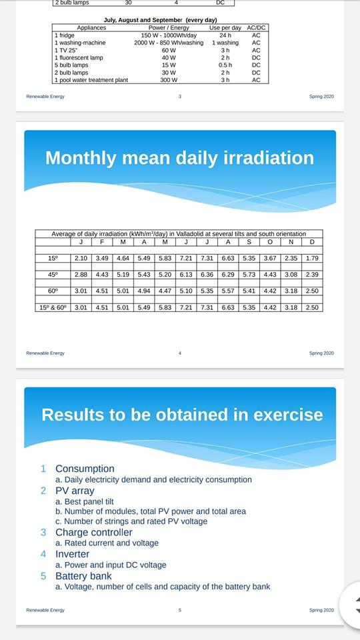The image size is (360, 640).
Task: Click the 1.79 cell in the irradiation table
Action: (x=312, y=258)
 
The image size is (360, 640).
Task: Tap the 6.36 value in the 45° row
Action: (x=207, y=275)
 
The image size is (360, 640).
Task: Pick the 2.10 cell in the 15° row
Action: (x=81, y=258)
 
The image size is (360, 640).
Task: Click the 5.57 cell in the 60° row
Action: (x=228, y=291)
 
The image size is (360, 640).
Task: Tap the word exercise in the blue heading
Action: (x=288, y=415)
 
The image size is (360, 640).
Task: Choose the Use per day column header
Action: (x=225, y=28)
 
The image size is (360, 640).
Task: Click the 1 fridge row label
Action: (x=65, y=35)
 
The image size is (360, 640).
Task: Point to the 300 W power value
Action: (x=169, y=80)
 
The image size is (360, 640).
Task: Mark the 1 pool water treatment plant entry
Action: (x=91, y=80)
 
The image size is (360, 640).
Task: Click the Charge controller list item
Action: (x=94, y=532)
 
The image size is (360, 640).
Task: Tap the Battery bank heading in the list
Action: (x=84, y=576)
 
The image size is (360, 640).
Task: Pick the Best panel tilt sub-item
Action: (x=85, y=501)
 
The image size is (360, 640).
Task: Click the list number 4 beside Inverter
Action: (x=43, y=554)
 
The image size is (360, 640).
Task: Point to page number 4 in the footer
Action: (x=179, y=353)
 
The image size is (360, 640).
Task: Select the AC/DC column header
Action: (x=256, y=28)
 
